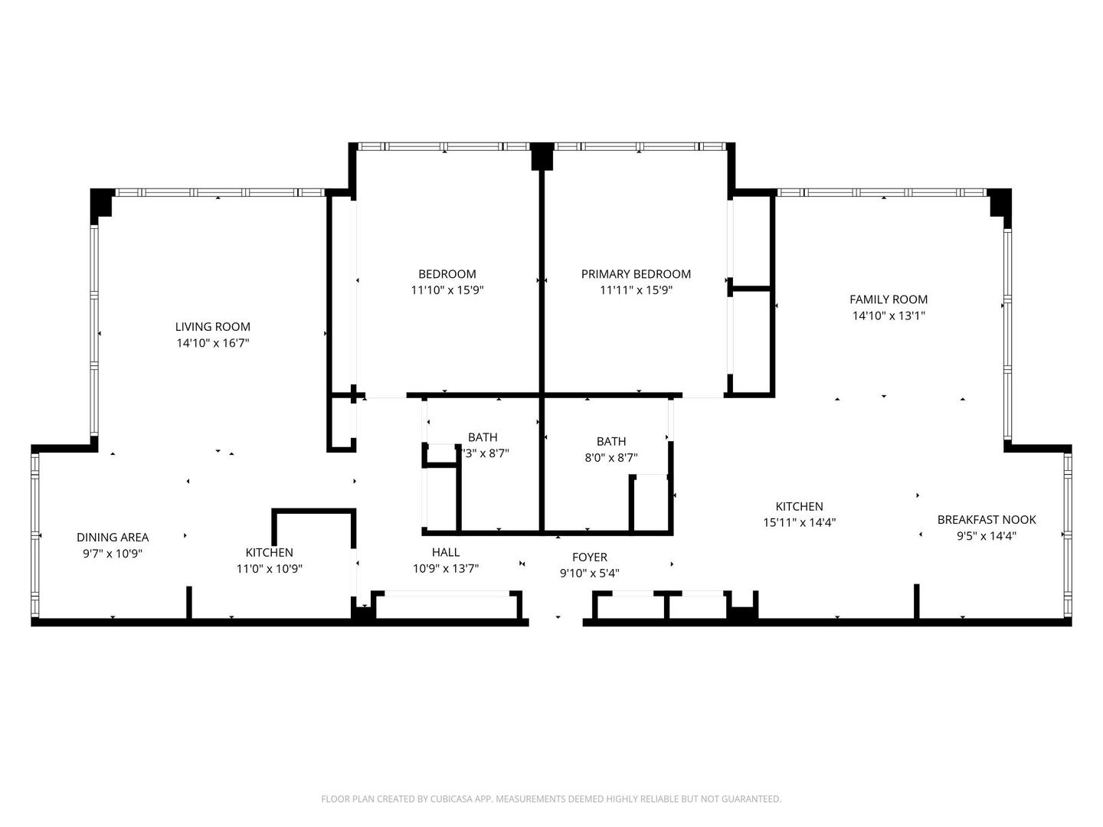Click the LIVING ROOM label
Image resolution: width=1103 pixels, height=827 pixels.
click(212, 327)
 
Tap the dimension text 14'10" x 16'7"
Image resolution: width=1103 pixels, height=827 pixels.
click(212, 344)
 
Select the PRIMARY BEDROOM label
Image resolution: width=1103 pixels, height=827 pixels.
click(636, 274)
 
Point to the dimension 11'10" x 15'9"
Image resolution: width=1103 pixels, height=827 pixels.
click(447, 290)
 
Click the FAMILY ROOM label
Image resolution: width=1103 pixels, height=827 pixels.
click(889, 299)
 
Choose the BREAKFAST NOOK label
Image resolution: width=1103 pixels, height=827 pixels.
click(987, 520)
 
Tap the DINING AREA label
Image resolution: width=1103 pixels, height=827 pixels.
click(113, 538)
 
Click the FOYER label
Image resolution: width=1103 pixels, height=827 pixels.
click(590, 557)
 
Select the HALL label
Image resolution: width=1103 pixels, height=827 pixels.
click(446, 552)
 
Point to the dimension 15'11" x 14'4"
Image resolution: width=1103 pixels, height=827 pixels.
click(799, 523)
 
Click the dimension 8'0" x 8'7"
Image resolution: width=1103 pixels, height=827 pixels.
click(611, 458)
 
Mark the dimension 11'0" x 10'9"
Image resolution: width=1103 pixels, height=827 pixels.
click(269, 569)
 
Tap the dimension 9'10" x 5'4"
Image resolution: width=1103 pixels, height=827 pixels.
click(590, 574)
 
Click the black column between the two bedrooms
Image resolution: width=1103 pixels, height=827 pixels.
click(542, 156)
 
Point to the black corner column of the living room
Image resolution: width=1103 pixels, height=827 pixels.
click(101, 204)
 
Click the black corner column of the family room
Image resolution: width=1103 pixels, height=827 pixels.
click(1000, 203)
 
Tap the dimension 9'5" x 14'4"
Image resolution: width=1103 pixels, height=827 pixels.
click(987, 536)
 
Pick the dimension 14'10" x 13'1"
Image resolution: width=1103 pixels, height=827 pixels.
click(889, 315)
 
